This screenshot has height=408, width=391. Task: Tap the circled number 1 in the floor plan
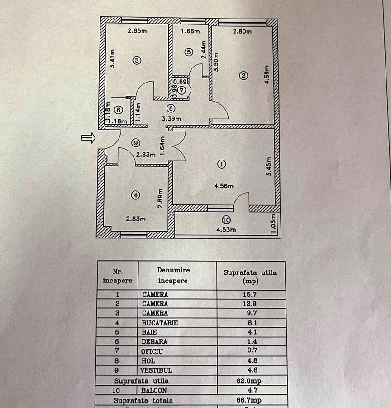tap(221, 164)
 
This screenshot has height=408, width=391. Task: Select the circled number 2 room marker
tap(243, 76)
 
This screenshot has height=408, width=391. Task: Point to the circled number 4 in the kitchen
tap(135, 195)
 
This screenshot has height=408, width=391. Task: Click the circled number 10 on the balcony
tap(226, 220)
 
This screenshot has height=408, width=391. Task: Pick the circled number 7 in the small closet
tap(182, 90)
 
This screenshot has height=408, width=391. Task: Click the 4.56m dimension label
tap(224, 186)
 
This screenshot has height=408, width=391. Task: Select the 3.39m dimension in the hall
tap(172, 119)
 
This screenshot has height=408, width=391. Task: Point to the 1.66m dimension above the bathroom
tap(190, 31)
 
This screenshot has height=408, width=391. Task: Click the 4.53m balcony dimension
tap(226, 229)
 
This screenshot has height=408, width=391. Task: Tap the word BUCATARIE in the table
tap(160, 323)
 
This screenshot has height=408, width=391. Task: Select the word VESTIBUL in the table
tap(157, 370)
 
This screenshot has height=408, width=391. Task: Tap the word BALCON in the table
tap(155, 390)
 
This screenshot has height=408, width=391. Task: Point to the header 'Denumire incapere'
tap(174, 275)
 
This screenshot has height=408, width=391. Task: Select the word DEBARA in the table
tap(155, 342)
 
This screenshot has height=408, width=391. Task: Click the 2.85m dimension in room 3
tap(137, 31)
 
